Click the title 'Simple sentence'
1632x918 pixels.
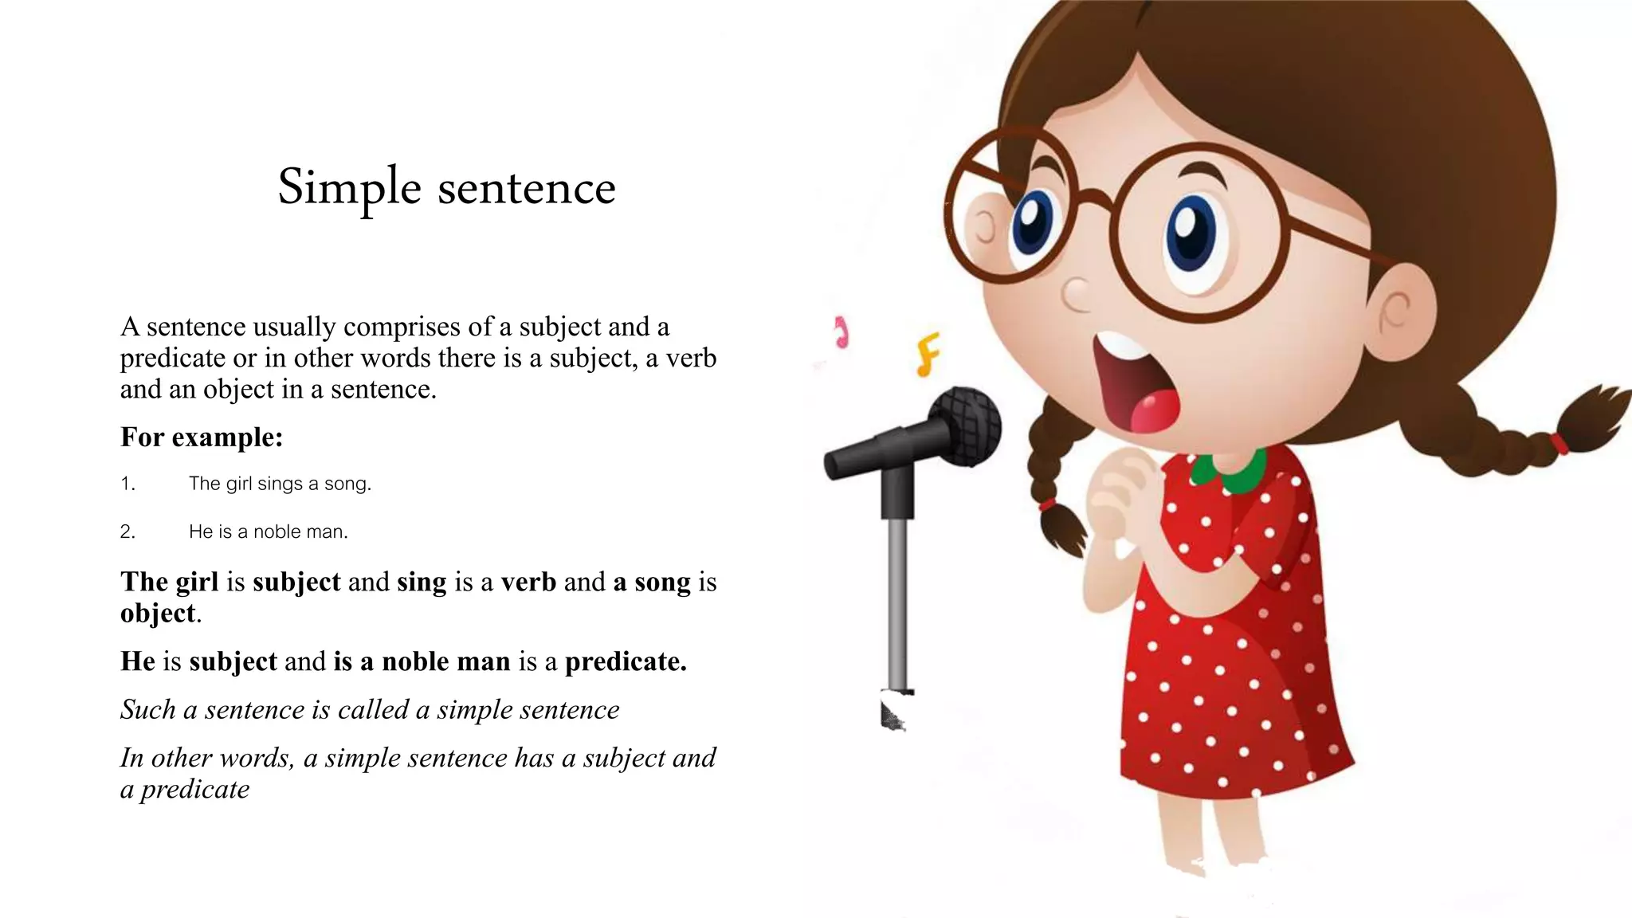[446, 188]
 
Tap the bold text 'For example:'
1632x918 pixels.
[202, 437]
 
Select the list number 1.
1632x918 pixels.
[127, 484]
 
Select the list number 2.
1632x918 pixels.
[127, 532]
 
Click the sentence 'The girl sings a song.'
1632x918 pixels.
[280, 484]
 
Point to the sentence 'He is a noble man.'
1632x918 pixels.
[268, 532]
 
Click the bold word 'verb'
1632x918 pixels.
[528, 582]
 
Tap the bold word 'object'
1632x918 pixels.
[158, 613]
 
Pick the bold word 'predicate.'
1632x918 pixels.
[626, 661]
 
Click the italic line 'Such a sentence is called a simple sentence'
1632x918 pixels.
[370, 709]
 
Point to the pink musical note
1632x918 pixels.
[841, 332]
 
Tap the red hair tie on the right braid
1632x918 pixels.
[1559, 443]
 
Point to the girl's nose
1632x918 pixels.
[1077, 295]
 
